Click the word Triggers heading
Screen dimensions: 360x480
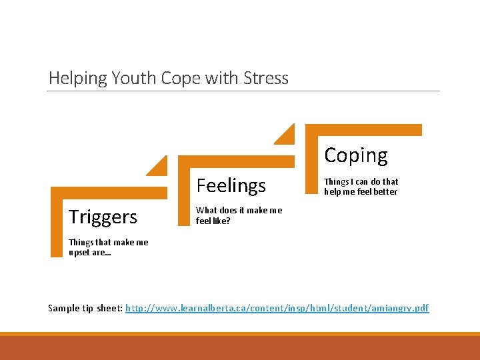tap(103, 217)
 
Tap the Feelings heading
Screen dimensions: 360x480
tap(231, 185)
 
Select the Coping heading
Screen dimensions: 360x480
tap(355, 155)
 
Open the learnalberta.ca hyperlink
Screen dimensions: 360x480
tap(277, 308)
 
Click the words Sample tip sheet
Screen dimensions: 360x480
tap(85, 308)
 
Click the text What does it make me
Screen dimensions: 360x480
tap(239, 210)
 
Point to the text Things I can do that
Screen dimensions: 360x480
tap(361, 181)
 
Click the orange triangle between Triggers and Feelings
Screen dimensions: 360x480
tap(159, 166)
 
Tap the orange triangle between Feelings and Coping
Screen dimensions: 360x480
tap(286, 134)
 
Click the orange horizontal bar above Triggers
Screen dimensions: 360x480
tap(110, 193)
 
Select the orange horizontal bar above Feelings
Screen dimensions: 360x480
tap(237, 161)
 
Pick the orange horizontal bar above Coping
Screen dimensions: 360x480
tap(364, 130)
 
